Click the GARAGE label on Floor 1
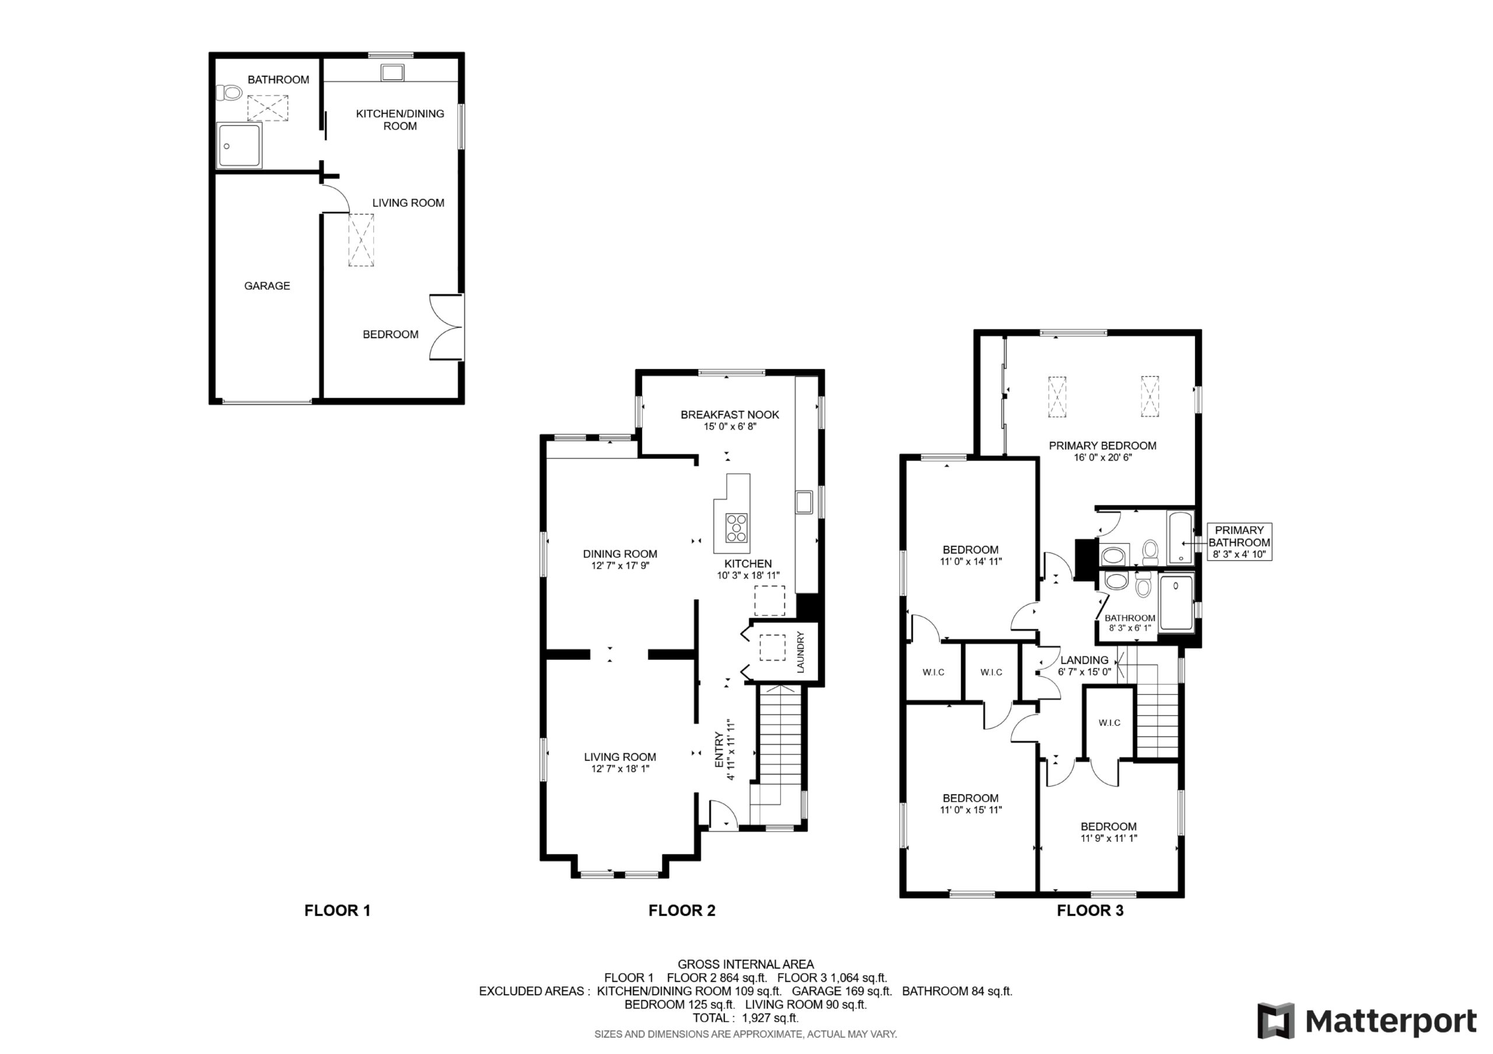click(267, 286)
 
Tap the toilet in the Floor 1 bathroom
click(228, 94)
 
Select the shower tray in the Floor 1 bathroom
click(239, 146)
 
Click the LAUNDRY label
click(801, 652)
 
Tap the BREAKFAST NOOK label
click(730, 414)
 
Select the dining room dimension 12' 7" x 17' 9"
click(620, 566)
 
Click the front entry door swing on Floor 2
click(722, 814)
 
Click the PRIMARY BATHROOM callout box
click(1239, 542)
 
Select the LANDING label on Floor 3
click(1084, 659)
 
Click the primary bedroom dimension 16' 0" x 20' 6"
click(1102, 458)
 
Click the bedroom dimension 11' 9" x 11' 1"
click(1109, 838)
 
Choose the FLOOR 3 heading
click(1090, 911)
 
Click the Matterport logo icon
click(1275, 1021)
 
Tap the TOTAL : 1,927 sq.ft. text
click(745, 1018)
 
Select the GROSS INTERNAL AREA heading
click(745, 964)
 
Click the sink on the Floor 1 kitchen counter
click(392, 72)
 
